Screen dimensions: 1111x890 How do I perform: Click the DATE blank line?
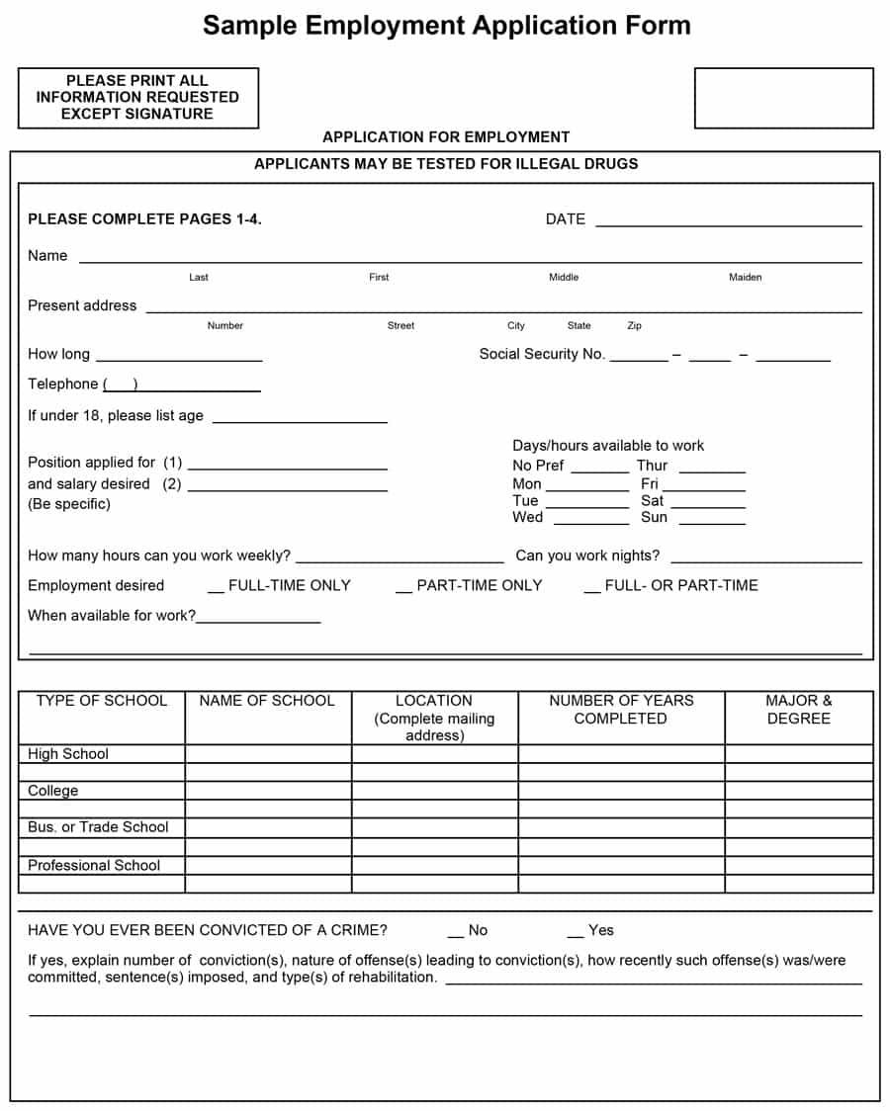pyautogui.click(x=728, y=223)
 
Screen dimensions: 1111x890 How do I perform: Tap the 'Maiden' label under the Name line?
pyautogui.click(x=745, y=278)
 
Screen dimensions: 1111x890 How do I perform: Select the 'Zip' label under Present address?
pyautogui.click(x=634, y=326)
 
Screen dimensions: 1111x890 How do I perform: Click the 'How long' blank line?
pyautogui.click(x=179, y=359)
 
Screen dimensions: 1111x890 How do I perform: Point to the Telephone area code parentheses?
pyautogui.click(x=121, y=385)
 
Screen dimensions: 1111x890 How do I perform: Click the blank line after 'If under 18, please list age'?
pyautogui.click(x=300, y=420)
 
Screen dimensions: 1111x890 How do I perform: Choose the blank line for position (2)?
pyautogui.click(x=287, y=488)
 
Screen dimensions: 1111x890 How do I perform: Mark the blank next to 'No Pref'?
pyautogui.click(x=599, y=470)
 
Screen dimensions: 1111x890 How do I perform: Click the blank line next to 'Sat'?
pyautogui.click(x=712, y=506)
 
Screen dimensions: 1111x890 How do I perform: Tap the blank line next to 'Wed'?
pyautogui.click(x=589, y=522)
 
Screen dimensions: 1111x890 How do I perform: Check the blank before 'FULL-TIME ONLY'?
pyautogui.click(x=217, y=590)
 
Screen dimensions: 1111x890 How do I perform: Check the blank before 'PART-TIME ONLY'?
pyautogui.click(x=403, y=590)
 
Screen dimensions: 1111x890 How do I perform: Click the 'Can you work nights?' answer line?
pyautogui.click(x=765, y=560)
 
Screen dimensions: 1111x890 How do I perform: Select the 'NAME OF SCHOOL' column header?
pyautogui.click(x=267, y=701)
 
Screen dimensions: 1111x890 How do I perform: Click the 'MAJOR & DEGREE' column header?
pyautogui.click(x=798, y=710)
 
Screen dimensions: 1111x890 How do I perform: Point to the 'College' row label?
pyautogui.click(x=53, y=791)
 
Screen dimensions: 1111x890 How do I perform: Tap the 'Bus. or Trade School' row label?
pyautogui.click(x=98, y=827)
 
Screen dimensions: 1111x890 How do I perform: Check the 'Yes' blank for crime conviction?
pyautogui.click(x=575, y=935)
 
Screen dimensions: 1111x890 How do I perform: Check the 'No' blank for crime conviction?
pyautogui.click(x=455, y=935)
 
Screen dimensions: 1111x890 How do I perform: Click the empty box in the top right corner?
pyautogui.click(x=783, y=98)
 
